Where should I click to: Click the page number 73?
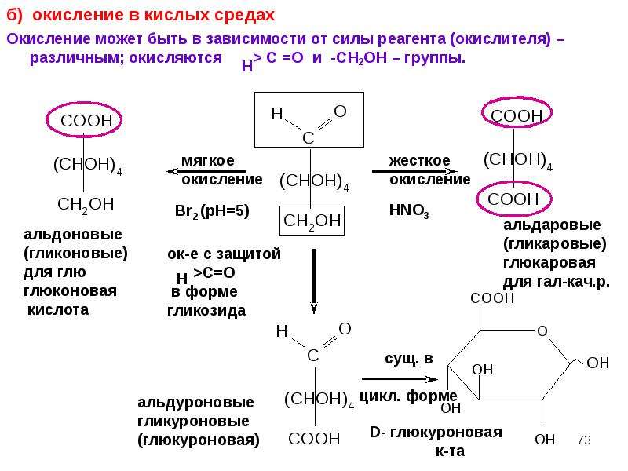click(x=584, y=440)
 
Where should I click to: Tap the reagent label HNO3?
click(x=409, y=210)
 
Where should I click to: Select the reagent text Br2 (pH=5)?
click(x=212, y=211)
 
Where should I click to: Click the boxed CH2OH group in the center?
click(x=312, y=221)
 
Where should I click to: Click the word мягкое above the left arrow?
click(x=208, y=161)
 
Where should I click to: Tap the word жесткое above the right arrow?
click(x=419, y=161)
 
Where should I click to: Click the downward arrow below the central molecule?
click(x=314, y=281)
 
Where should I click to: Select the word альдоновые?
click(x=73, y=234)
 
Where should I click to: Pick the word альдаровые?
click(x=552, y=225)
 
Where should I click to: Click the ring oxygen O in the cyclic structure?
click(x=542, y=331)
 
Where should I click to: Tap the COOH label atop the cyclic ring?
click(x=492, y=298)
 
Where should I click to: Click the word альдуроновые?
click(x=195, y=403)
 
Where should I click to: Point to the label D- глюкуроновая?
click(x=436, y=433)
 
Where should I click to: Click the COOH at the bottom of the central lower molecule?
click(x=314, y=439)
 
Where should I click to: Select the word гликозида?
click(x=206, y=311)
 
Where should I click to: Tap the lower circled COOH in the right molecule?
click(x=513, y=199)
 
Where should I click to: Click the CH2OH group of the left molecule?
click(x=86, y=205)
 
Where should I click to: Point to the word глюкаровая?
click(x=549, y=263)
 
